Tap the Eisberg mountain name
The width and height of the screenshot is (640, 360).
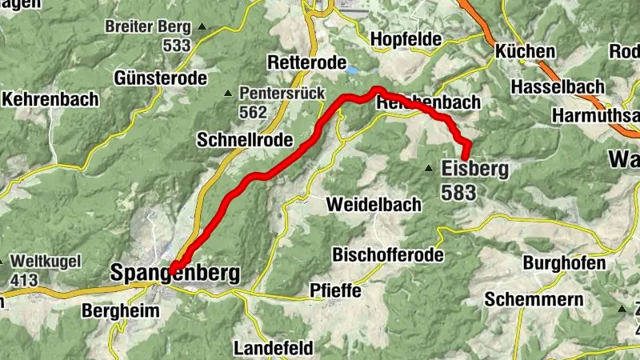coord(475,169)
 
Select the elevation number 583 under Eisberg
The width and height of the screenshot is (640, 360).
coord(458,192)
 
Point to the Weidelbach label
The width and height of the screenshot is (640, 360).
coord(374,205)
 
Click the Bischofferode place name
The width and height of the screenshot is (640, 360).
coord(387,256)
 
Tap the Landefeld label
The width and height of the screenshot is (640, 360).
coord(274,349)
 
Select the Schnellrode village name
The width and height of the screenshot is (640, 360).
coord(238,139)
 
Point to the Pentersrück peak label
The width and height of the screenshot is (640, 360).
coord(282,94)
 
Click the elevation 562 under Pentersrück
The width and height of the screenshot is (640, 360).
coord(253,113)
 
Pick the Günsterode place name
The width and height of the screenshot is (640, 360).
coord(161,78)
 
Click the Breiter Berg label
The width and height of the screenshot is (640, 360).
coord(148,26)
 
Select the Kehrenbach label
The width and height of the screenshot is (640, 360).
coord(51,99)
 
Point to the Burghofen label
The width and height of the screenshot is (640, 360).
coord(564,263)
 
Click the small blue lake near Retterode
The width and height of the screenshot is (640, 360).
coord(352,70)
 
